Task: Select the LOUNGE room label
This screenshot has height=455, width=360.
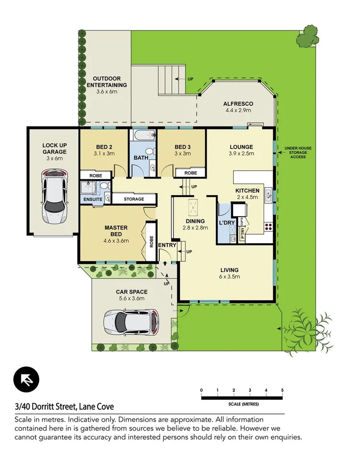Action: click(241, 147)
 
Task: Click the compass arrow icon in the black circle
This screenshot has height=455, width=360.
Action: click(26, 380)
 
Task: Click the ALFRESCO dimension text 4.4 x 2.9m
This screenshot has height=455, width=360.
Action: click(238, 110)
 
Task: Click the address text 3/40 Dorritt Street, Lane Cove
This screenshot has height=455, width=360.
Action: click(64, 407)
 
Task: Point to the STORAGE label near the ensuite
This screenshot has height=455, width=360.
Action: click(134, 199)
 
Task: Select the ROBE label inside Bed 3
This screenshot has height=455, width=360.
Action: click(191, 173)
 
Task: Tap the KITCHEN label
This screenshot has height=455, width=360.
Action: click(247, 190)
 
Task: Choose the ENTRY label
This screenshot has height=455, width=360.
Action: click(167, 245)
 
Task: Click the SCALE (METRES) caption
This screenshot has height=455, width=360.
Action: click(242, 404)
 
